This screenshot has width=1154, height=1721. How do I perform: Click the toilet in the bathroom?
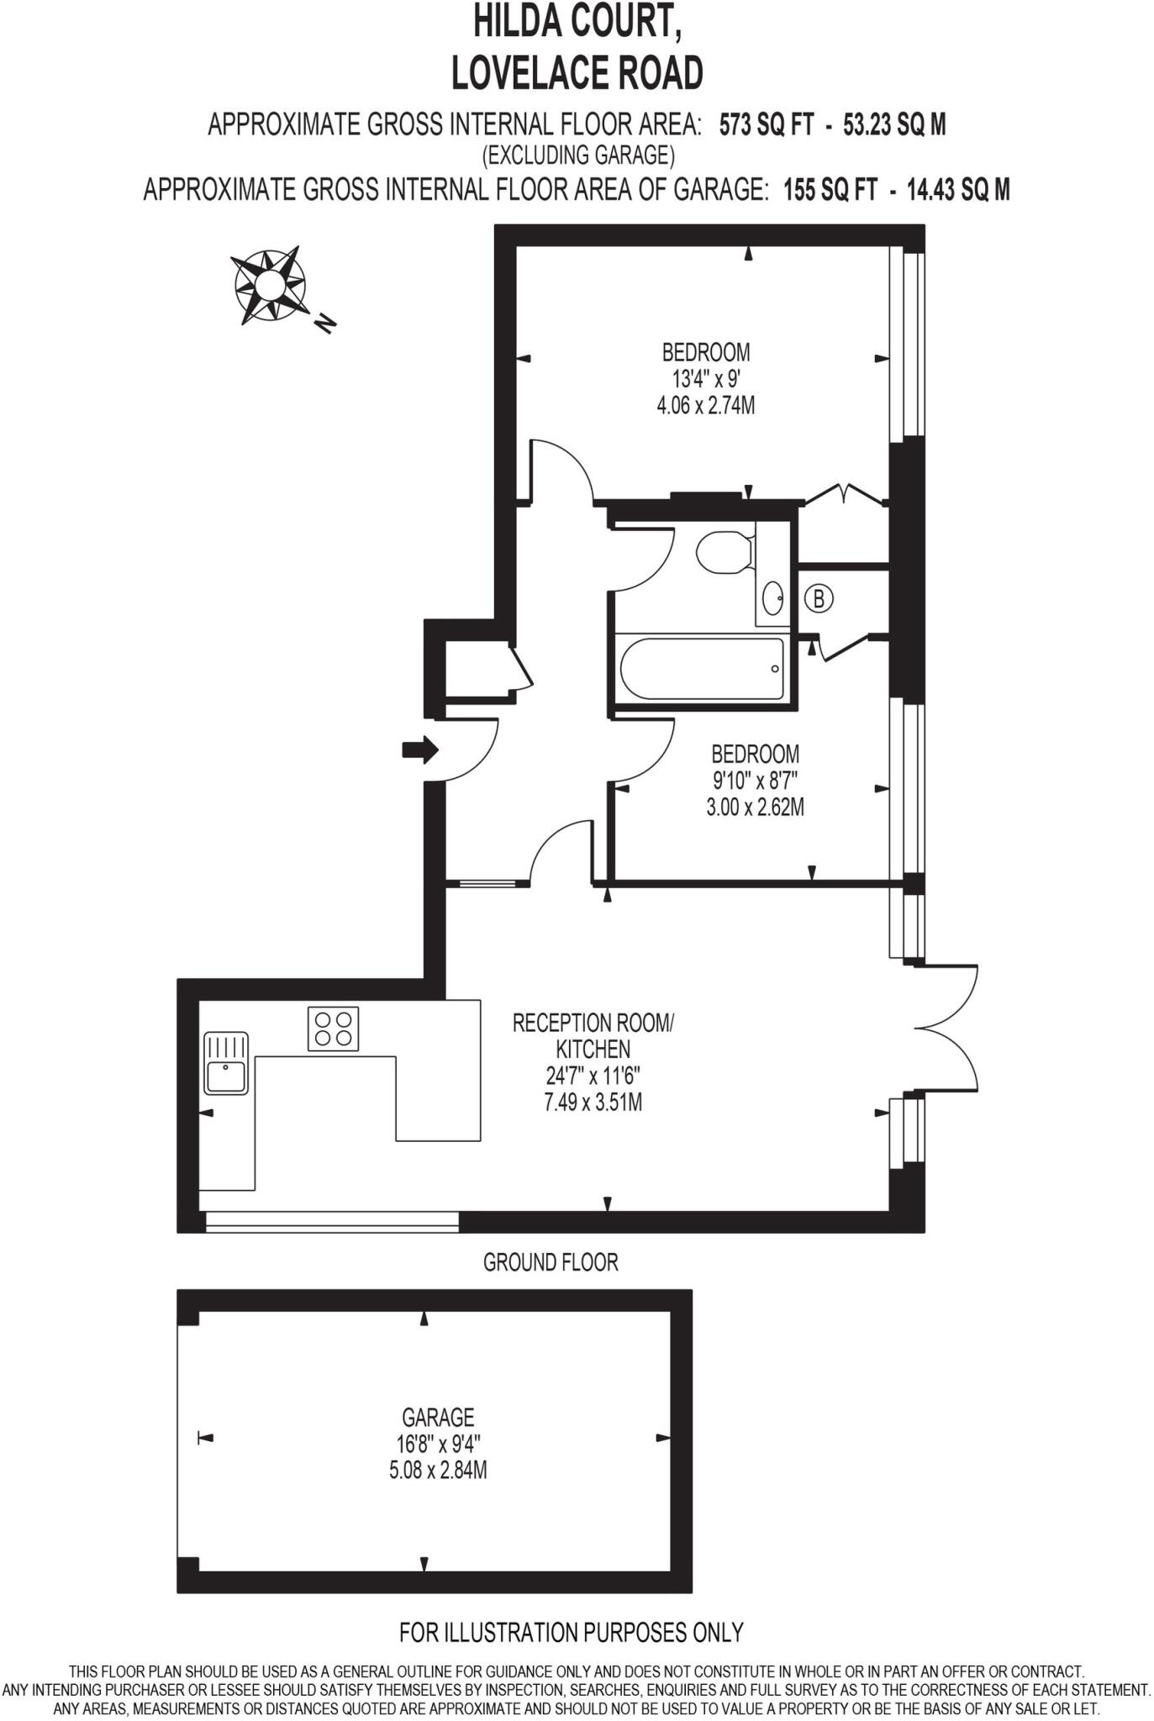pyautogui.click(x=724, y=552)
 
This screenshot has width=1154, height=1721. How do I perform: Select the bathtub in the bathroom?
pyautogui.click(x=703, y=669)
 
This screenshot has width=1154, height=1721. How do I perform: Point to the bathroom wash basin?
pyautogui.click(x=773, y=598)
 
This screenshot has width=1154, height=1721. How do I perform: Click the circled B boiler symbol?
pyautogui.click(x=818, y=599)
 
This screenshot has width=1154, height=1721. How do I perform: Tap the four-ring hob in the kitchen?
pyautogui.click(x=333, y=1029)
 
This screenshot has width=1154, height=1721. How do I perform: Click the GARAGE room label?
pyautogui.click(x=438, y=1418)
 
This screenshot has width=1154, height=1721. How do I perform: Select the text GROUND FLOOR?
pyautogui.click(x=551, y=1262)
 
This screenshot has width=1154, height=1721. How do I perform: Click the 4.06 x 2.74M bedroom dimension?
pyautogui.click(x=705, y=406)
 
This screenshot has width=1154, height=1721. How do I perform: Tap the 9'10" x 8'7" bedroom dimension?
pyautogui.click(x=755, y=781)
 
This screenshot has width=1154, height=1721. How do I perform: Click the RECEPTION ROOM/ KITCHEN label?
pyautogui.click(x=593, y=1035)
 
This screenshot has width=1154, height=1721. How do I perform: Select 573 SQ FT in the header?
pyautogui.click(x=766, y=125)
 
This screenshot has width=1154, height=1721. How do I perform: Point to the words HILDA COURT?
pyautogui.click(x=577, y=22)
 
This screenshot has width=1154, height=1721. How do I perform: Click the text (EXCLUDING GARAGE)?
pyautogui.click(x=577, y=155)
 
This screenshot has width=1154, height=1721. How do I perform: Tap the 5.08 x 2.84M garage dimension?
pyautogui.click(x=438, y=1471)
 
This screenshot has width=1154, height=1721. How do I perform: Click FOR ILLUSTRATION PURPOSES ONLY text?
pyautogui.click(x=572, y=1632)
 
